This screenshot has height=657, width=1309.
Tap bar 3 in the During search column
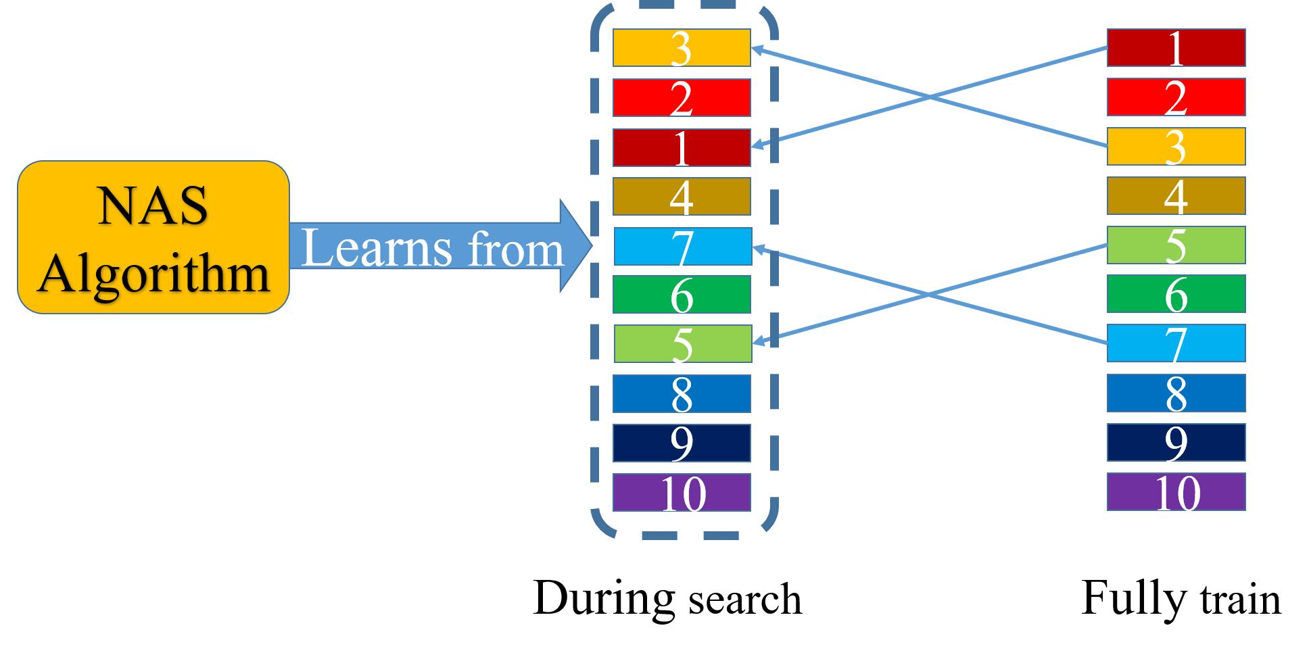(x=682, y=48)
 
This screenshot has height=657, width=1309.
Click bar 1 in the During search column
(x=682, y=147)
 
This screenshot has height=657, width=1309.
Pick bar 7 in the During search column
(x=683, y=247)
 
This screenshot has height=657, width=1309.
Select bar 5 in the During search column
(x=683, y=344)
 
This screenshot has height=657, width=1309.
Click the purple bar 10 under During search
(x=682, y=493)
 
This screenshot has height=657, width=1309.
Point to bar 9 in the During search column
(x=682, y=443)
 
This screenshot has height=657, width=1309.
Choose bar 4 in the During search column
(x=682, y=197)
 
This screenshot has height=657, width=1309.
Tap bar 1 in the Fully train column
(x=1176, y=48)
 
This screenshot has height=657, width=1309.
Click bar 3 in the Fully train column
(x=1176, y=147)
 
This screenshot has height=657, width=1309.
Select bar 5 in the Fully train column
(x=1176, y=245)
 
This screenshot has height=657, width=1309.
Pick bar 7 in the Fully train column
(x=1176, y=343)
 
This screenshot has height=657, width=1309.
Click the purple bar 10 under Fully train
(x=1176, y=492)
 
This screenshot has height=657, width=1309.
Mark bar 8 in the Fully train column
(x=1176, y=393)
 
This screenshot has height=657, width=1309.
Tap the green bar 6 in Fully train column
(x=1176, y=294)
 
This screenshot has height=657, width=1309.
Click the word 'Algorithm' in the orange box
(x=154, y=274)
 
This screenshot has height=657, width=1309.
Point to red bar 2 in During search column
(x=682, y=98)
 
